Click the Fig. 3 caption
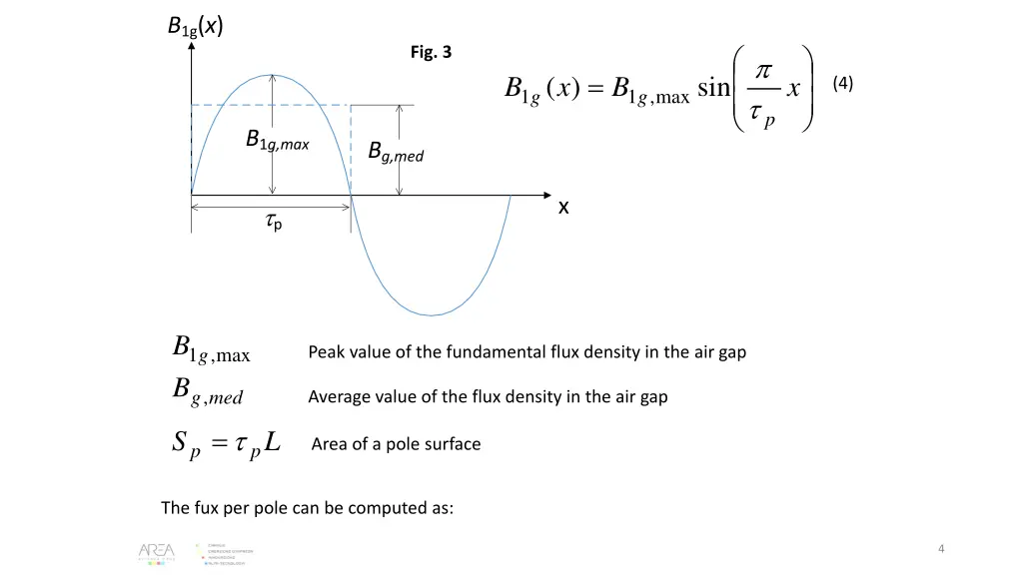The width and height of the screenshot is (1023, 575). (x=431, y=53)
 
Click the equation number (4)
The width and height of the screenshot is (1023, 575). (x=842, y=84)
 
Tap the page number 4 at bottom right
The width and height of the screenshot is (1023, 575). (x=942, y=548)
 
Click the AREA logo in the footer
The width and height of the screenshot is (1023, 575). (x=157, y=553)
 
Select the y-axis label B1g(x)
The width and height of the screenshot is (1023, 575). (x=195, y=26)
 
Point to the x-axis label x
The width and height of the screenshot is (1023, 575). (x=563, y=207)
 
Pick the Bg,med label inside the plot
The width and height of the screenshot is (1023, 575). (x=396, y=153)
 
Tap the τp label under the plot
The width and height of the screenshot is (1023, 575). (x=273, y=224)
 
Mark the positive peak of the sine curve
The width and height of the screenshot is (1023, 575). (x=272, y=75)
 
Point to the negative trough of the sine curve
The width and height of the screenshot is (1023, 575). (x=431, y=315)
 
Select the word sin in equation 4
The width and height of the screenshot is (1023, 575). (x=712, y=89)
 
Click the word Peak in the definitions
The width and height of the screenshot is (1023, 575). (x=326, y=352)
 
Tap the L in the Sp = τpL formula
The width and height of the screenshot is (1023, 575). (x=273, y=442)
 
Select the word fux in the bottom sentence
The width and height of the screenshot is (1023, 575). (x=203, y=508)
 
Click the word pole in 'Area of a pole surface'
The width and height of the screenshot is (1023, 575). (x=385, y=444)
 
